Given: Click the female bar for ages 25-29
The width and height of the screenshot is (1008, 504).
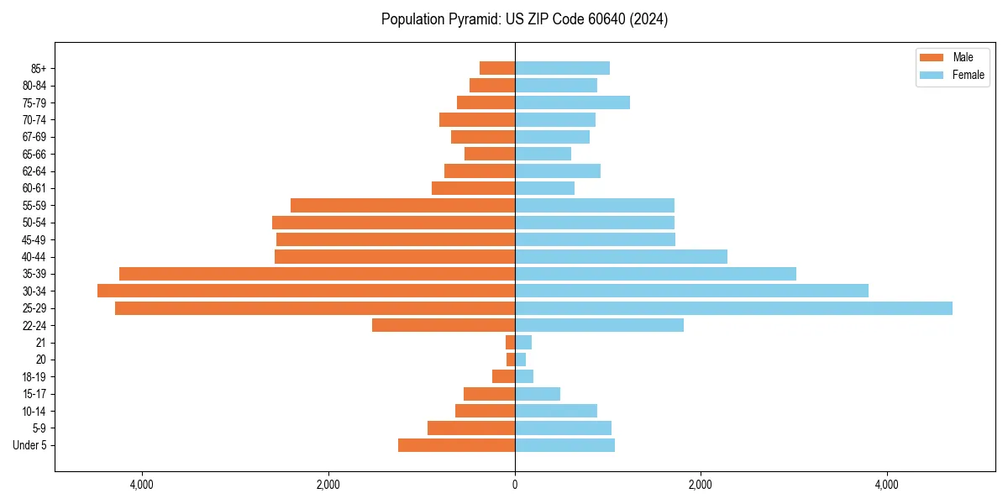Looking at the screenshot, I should tap(733, 308).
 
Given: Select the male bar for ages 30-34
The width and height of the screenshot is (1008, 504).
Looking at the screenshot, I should tap(306, 291).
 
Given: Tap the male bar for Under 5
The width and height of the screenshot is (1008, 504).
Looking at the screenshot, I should tap(456, 445).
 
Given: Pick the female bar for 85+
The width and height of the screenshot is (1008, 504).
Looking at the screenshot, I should tap(562, 68).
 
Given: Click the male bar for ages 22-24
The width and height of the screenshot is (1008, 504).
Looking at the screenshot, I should tap(444, 325).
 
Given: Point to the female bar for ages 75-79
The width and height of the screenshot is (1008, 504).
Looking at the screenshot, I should tap(572, 102).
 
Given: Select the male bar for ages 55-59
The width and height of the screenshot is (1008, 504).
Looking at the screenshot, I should tap(402, 205).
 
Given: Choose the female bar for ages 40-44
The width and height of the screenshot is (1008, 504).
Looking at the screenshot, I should tap(621, 256).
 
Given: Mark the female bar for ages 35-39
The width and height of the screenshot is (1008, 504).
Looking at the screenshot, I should tap(655, 274).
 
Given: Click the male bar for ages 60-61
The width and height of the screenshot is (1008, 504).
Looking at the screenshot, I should tap(473, 188).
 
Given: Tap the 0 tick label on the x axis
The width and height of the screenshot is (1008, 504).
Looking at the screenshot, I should tap(515, 485).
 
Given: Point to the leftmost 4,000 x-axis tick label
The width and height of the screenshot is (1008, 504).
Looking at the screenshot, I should tap(142, 485).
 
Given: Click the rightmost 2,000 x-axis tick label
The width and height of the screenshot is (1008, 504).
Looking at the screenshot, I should tap(701, 485).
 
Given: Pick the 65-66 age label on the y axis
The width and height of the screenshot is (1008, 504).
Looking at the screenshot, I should tap(34, 154).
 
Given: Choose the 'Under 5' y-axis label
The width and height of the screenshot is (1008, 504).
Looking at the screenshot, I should tap(29, 445).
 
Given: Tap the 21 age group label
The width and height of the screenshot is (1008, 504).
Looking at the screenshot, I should tap(40, 343).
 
